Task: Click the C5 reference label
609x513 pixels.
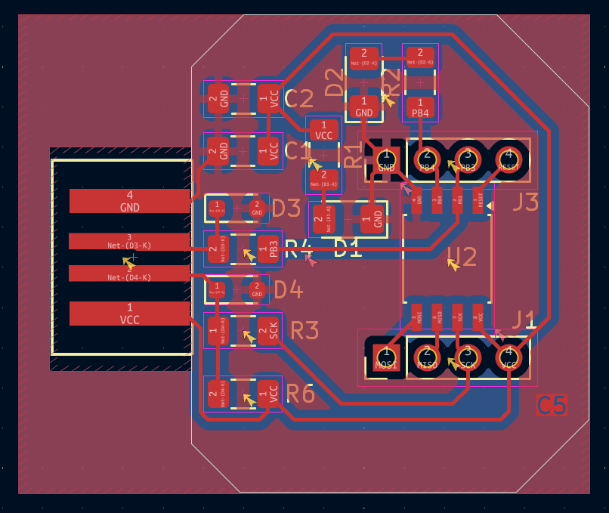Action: pyautogui.click(x=552, y=406)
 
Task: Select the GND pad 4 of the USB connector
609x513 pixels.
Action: pyautogui.click(x=129, y=201)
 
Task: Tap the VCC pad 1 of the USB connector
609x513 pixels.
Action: pyautogui.click(x=129, y=314)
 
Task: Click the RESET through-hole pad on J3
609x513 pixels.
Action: pyautogui.click(x=509, y=160)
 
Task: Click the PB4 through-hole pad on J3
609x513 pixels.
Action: pyautogui.click(x=427, y=160)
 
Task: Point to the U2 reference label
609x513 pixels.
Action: pyautogui.click(x=462, y=258)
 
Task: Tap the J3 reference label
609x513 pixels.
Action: pyautogui.click(x=525, y=202)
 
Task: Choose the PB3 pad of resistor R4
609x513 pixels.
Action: pyautogui.click(x=269, y=248)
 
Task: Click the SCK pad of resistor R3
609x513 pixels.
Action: pyautogui.click(x=269, y=330)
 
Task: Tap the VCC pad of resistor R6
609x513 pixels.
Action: pyautogui.click(x=269, y=394)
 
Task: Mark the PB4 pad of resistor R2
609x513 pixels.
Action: pyautogui.click(x=420, y=108)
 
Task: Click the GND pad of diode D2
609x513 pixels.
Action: pyautogui.click(x=364, y=107)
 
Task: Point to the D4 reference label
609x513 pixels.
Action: pyautogui.click(x=287, y=289)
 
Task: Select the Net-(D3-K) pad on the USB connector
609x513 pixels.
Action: pyautogui.click(x=129, y=241)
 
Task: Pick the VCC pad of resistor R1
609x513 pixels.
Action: pyautogui.click(x=324, y=130)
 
